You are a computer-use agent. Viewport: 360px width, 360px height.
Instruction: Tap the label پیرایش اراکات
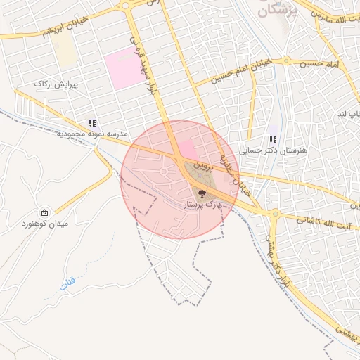(54, 84)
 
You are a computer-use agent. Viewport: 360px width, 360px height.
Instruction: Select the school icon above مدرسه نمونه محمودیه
(92, 123)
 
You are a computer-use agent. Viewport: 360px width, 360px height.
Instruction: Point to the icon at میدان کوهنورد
(45, 212)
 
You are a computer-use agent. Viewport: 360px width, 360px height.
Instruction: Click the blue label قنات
(67, 284)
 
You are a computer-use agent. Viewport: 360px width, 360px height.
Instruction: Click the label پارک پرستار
(202, 204)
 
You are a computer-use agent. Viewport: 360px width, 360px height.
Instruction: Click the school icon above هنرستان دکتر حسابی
(272, 139)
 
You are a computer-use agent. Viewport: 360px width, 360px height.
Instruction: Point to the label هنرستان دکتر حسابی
(264, 150)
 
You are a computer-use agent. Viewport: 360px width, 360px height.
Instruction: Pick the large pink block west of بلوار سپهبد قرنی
(123, 70)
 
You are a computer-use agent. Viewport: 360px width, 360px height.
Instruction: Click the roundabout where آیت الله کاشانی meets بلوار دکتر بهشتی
(270, 213)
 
